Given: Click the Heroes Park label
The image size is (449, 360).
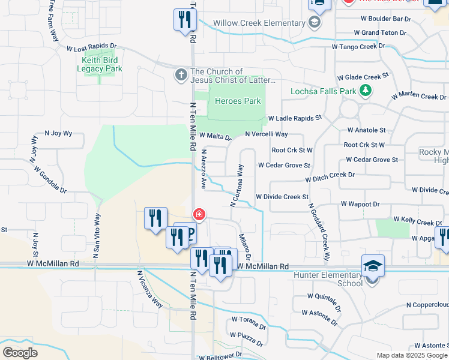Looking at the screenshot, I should tap(238, 101).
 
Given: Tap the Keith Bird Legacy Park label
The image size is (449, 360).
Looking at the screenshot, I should tap(100, 64).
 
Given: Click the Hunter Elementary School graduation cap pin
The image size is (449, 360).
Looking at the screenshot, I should tap(373, 266).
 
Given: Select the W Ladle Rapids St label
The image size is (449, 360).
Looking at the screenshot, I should tap(295, 118).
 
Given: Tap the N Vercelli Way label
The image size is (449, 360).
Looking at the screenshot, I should tap(267, 134).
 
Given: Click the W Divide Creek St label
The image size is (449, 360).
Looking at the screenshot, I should tap(282, 196).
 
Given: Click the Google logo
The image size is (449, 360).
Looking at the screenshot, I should tap(20, 352).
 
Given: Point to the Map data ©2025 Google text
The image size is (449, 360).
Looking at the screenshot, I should tap(412, 355).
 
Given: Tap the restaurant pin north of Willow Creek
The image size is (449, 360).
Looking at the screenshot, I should tap(184, 20).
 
